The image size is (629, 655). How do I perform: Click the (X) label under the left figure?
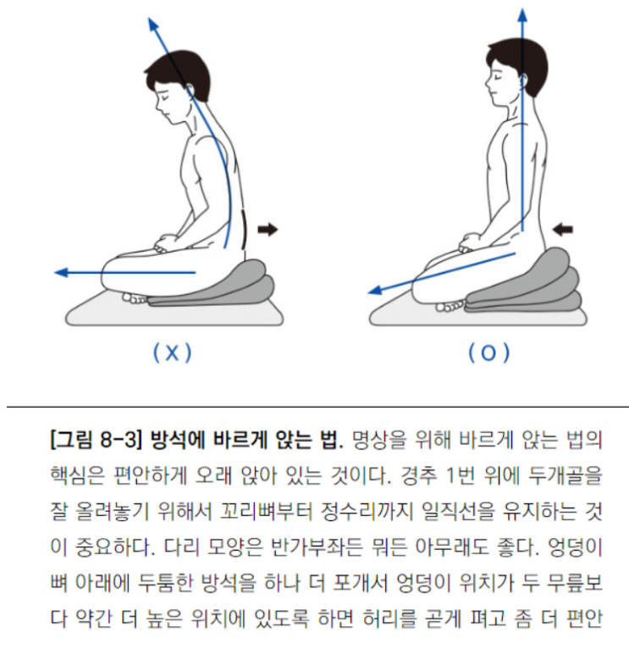tap(173, 353)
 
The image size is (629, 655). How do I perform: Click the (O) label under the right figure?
tap(488, 353)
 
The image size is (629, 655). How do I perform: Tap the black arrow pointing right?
tap(268, 229)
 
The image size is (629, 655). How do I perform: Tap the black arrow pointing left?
tap(562, 229)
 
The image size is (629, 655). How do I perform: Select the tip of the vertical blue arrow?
tap(522, 9)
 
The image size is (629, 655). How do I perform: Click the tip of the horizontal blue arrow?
tap(56, 273)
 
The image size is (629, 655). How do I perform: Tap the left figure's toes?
tap(135, 298)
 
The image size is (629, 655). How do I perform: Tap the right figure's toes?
tap(450, 306)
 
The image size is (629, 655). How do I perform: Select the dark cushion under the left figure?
tap(212, 284)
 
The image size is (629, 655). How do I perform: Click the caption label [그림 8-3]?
tap(94, 441)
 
